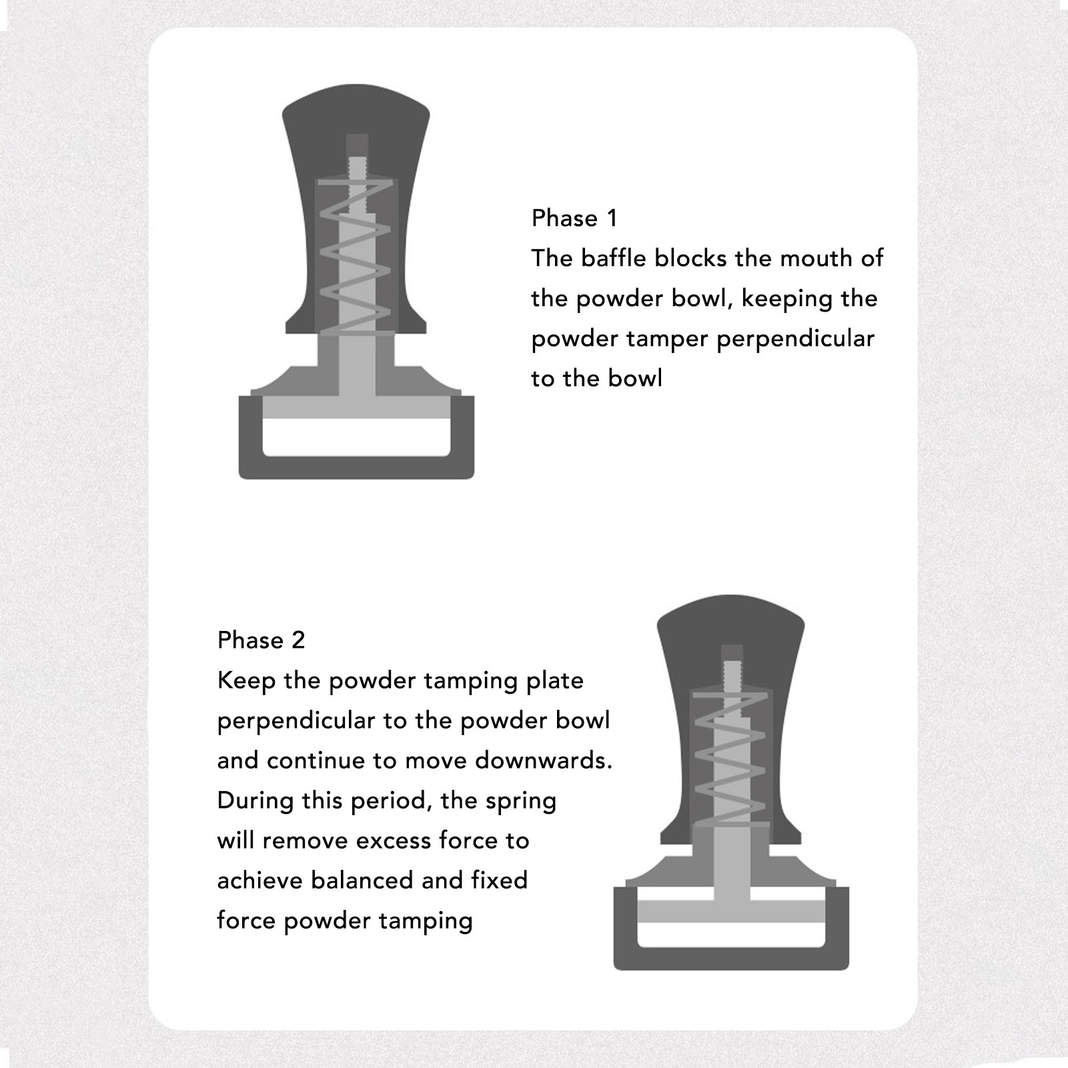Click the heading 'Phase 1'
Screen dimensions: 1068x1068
pos(574,218)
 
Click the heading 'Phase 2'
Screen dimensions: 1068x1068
pos(261,640)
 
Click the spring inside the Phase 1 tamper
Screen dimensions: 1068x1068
pos(354,256)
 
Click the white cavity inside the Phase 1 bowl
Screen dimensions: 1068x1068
pos(356,437)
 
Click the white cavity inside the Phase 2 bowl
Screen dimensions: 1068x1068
pos(731,935)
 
